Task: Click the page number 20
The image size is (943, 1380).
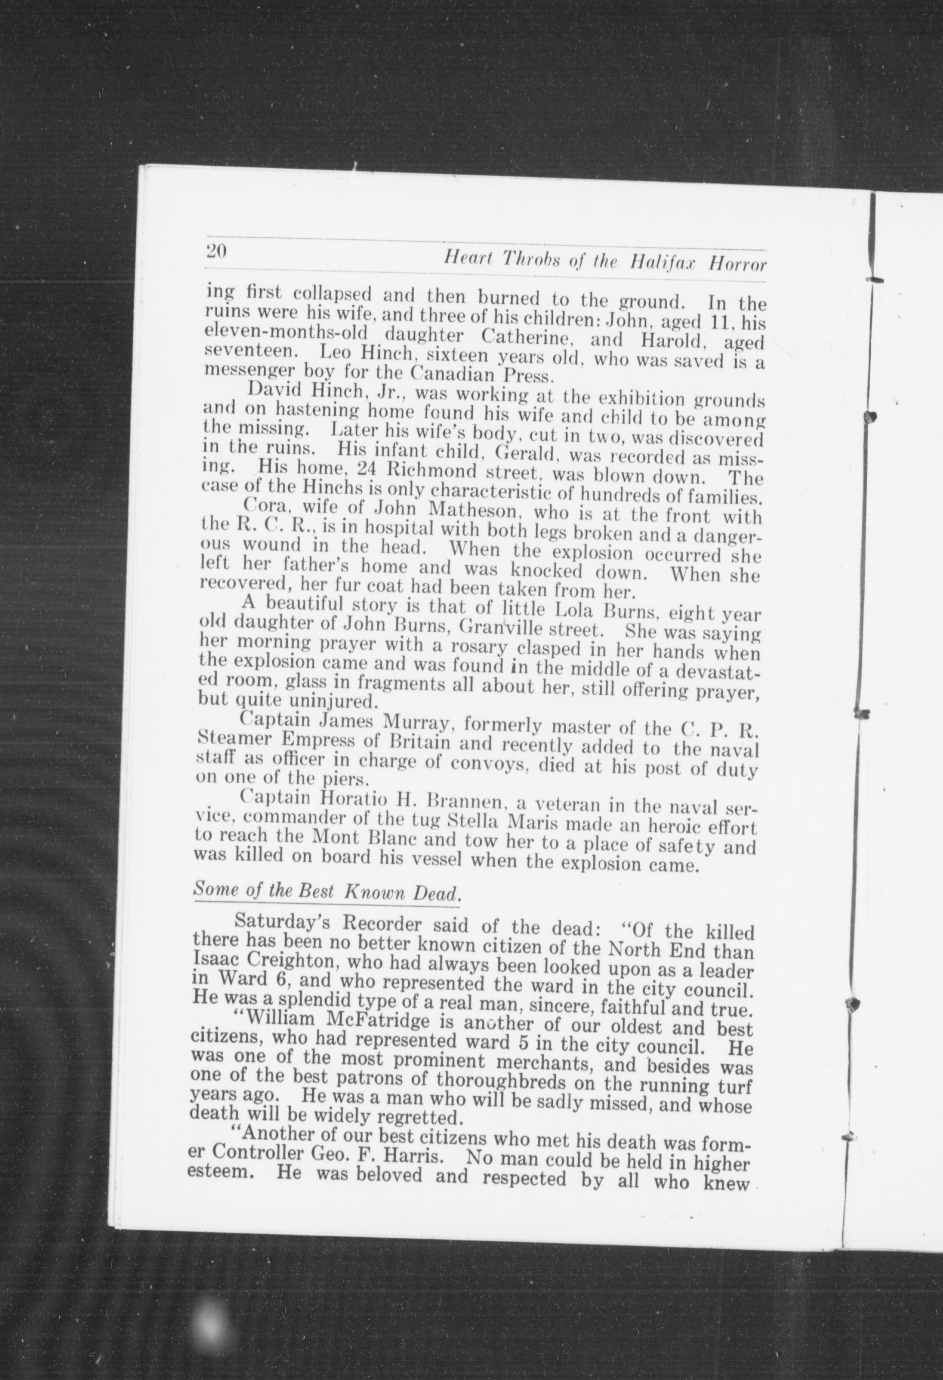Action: pyautogui.click(x=216, y=251)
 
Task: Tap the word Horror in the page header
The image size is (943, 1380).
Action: pyautogui.click(x=737, y=264)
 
